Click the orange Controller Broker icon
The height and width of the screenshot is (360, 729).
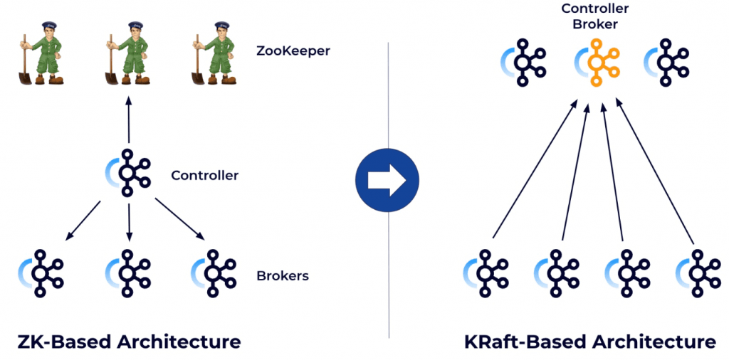pyautogui.click(x=597, y=63)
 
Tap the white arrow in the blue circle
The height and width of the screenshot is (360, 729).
pyautogui.click(x=387, y=179)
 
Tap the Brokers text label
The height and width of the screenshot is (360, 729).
pyautogui.click(x=283, y=275)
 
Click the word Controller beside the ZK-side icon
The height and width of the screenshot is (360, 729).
pyautogui.click(x=205, y=175)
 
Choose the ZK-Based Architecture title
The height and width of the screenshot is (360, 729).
pyautogui.click(x=129, y=342)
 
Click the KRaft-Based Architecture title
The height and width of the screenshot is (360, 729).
pyautogui.click(x=590, y=342)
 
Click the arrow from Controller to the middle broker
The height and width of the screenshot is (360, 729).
pyautogui.click(x=129, y=222)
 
